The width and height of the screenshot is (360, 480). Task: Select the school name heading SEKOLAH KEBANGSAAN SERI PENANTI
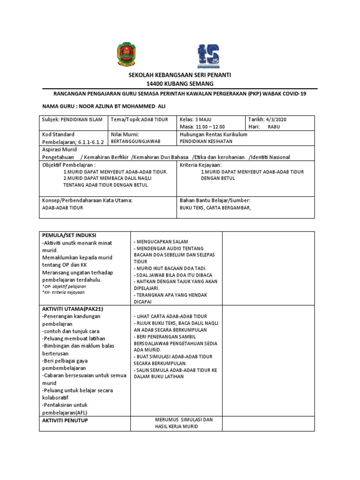click(x=180, y=75)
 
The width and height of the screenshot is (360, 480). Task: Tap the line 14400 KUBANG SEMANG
click(x=180, y=83)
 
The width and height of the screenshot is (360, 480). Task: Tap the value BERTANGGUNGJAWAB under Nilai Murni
click(x=133, y=141)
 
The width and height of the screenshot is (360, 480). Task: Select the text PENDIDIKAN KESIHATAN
click(x=206, y=141)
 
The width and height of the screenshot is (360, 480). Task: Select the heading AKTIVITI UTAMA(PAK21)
click(x=72, y=308)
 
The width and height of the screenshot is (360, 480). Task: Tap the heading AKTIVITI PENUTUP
click(x=65, y=420)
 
